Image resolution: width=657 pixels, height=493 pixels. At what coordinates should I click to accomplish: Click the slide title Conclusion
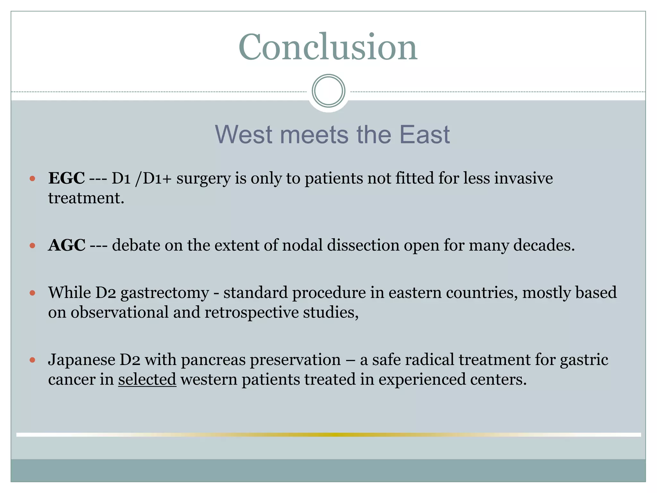tap(328, 47)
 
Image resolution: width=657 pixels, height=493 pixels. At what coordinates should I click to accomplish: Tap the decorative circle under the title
tap(328, 91)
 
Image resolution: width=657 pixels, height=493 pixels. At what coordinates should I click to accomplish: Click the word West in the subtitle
tap(243, 134)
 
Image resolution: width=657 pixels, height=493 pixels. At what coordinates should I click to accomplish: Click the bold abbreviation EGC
tap(66, 178)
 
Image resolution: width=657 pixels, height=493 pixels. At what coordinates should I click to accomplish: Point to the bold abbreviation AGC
tap(67, 245)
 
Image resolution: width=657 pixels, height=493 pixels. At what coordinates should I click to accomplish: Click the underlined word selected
tap(147, 379)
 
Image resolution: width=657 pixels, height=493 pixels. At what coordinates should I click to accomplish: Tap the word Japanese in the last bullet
tap(81, 359)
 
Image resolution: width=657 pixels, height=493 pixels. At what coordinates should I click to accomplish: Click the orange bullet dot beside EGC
tap(32, 178)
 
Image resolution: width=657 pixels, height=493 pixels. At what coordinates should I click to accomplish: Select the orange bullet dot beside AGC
tap(32, 246)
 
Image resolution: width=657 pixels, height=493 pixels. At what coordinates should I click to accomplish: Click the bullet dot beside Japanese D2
tap(32, 360)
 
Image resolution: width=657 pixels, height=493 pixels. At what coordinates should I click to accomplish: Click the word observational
tap(119, 313)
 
